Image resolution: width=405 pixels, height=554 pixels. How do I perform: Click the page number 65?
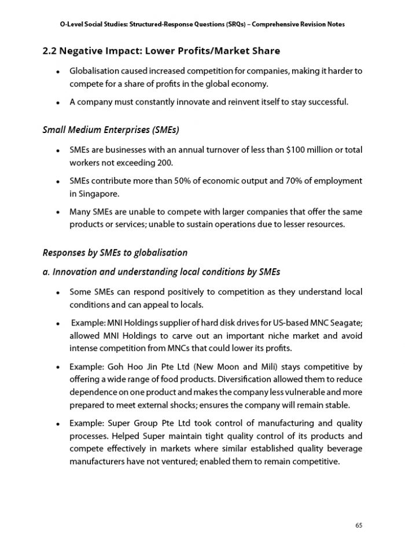coord(359,525)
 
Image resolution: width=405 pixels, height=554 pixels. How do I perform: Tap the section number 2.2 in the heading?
coord(51,51)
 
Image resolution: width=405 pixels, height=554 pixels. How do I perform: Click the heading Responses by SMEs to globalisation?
coord(115,253)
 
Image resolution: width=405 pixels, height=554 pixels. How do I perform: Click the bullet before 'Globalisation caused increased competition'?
coord(59,72)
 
